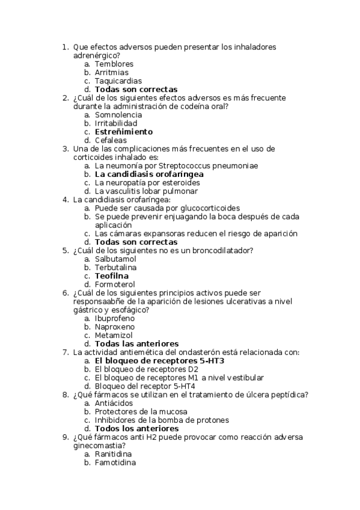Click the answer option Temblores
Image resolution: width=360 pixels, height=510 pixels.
[x=114, y=64]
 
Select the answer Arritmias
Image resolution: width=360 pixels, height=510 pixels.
[x=112, y=72]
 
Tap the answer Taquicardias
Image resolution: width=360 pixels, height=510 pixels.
[x=118, y=81]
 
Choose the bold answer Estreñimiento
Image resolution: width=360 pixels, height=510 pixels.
[x=124, y=131]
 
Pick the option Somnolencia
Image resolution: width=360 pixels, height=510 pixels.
[x=118, y=114]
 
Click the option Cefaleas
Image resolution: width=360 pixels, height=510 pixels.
[x=111, y=140]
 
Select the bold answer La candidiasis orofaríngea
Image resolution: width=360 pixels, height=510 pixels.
[x=149, y=174]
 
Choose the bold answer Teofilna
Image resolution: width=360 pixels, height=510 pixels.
[x=111, y=276]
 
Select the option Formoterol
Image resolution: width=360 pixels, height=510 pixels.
[x=115, y=284]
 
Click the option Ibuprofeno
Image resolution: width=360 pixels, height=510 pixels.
[x=115, y=318]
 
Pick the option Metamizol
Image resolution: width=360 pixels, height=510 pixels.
[x=114, y=335]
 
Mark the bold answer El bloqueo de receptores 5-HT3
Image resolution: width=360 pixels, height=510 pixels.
[x=159, y=361]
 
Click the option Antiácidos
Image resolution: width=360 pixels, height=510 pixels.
[x=114, y=403]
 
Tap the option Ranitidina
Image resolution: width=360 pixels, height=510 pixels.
[x=113, y=454]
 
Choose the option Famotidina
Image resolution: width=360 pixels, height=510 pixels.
[x=115, y=462]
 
